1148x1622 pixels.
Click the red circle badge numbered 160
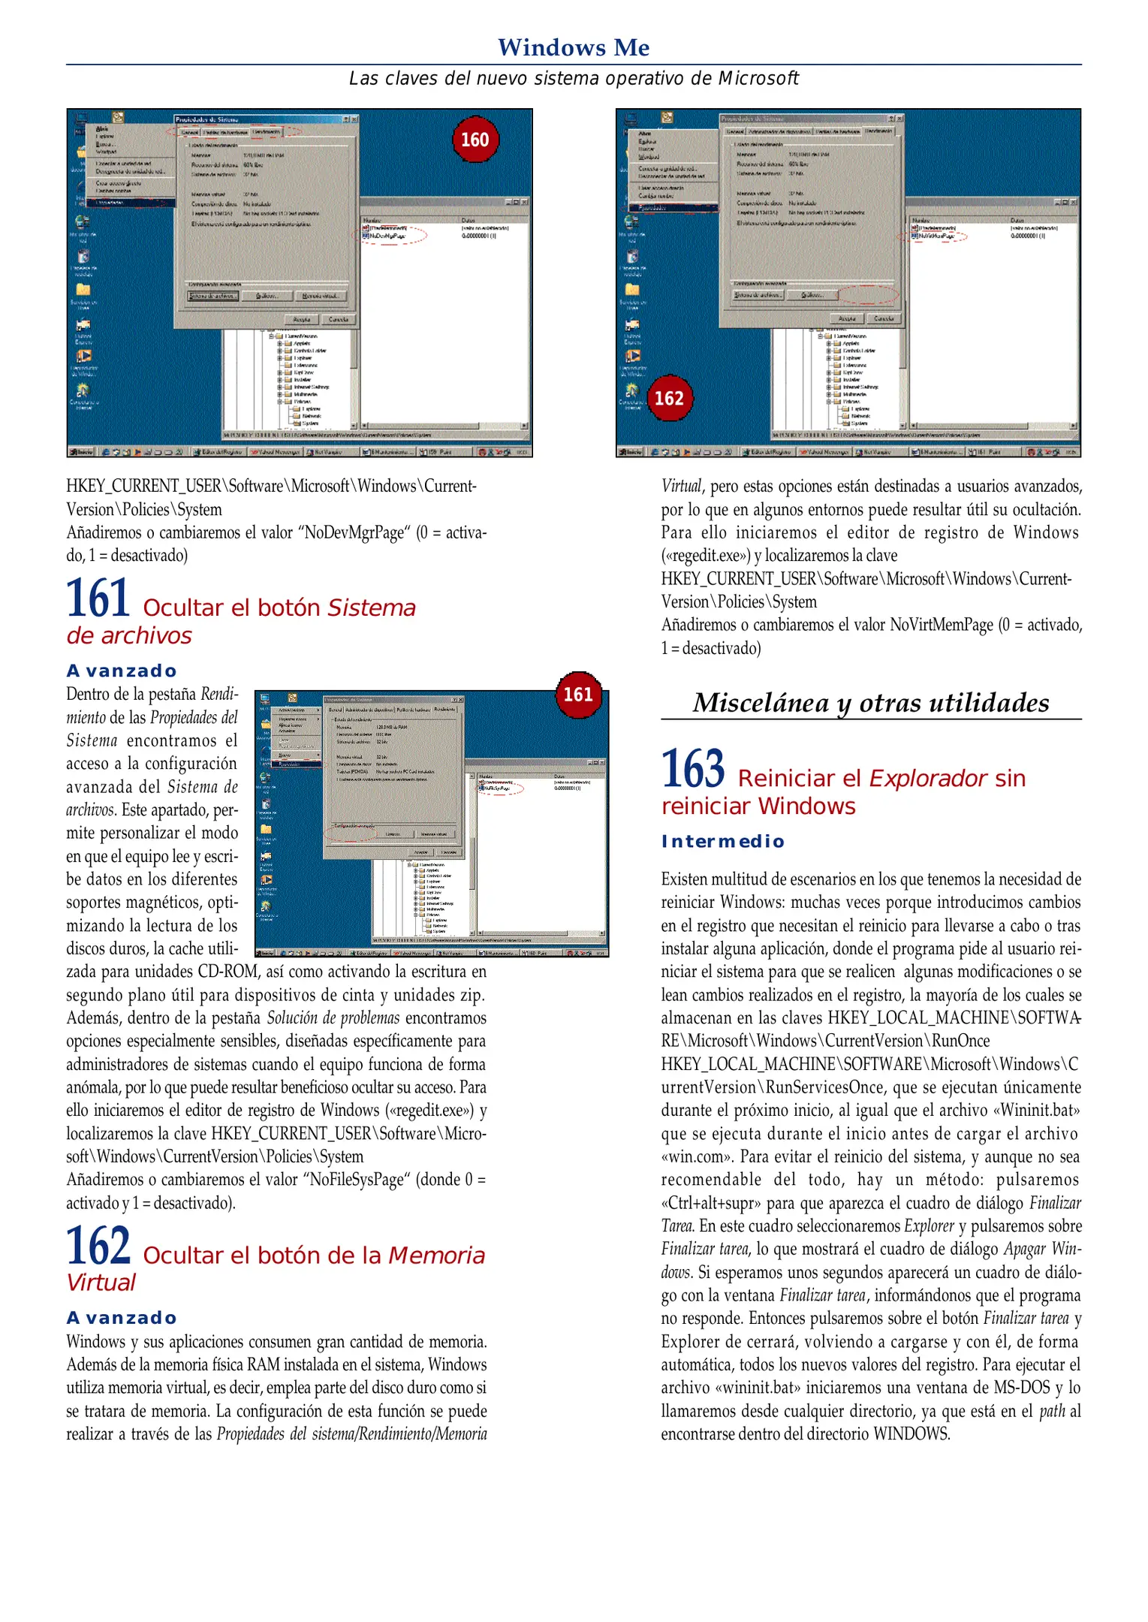(x=475, y=140)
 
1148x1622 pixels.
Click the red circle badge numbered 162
(x=668, y=397)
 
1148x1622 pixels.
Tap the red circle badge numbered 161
(x=578, y=694)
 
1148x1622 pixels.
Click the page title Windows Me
(x=574, y=47)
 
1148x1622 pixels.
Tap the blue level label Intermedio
(x=722, y=841)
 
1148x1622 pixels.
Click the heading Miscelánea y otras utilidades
(x=870, y=702)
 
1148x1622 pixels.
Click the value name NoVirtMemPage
(x=941, y=625)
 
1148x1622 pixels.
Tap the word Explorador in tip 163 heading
(x=927, y=778)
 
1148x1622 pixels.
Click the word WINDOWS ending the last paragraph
(x=910, y=1434)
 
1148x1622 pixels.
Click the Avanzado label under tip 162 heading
(x=122, y=1318)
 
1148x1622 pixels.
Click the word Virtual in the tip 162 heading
(x=101, y=1283)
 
